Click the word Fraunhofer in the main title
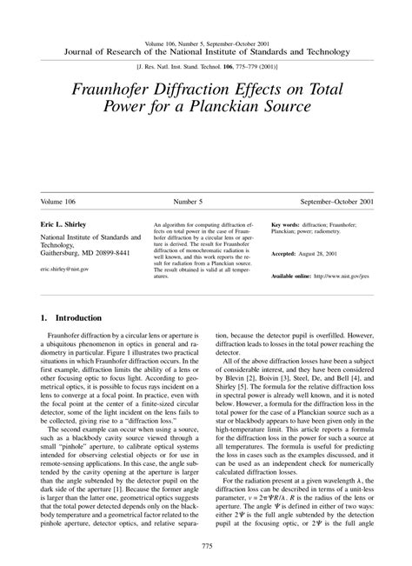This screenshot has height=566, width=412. pos(123,89)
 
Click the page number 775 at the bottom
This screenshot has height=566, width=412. pos(206,545)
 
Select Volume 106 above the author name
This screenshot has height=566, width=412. pos(60,201)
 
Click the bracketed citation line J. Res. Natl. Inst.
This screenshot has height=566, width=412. pos(206,65)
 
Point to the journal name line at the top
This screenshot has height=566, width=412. pos(206,50)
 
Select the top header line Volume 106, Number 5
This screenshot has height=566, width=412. pos(206,41)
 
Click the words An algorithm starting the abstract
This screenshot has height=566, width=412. pos(170,223)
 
